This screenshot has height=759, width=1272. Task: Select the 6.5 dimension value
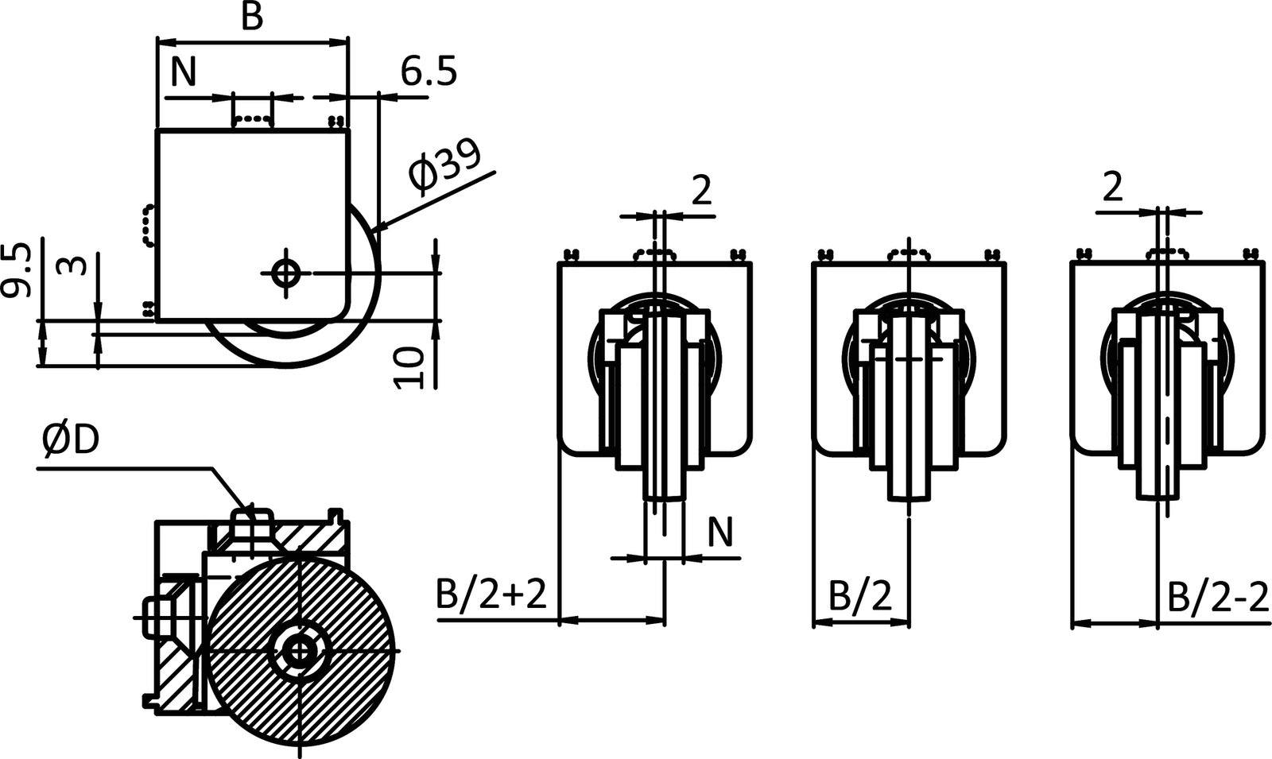[429, 72]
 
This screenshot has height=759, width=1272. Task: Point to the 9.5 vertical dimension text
[17, 270]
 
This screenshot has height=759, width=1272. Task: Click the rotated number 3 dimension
[73, 264]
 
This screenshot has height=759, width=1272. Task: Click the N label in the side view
[184, 73]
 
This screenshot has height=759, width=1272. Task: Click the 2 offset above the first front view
[701, 191]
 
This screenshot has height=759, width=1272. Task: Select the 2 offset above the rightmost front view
[1113, 188]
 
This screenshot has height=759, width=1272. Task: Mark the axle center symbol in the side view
[283, 273]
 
